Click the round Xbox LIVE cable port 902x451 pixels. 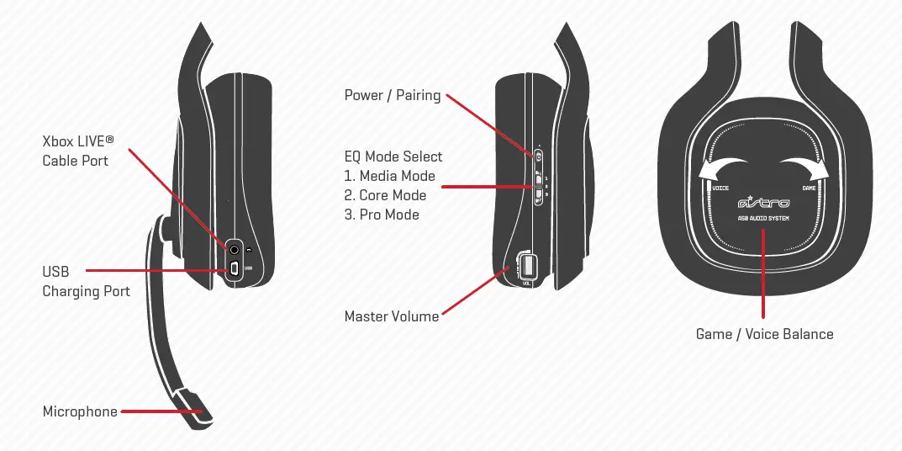(235, 248)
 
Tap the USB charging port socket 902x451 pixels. (235, 268)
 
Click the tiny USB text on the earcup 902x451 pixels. (248, 268)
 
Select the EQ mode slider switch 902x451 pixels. (539, 187)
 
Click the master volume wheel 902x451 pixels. (528, 266)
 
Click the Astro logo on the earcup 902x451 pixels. (762, 203)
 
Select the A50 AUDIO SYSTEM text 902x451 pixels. (762, 219)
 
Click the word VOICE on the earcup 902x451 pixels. (720, 188)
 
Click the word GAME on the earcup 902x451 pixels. (809, 188)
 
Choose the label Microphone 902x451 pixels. (80, 411)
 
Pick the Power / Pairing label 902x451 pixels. (393, 95)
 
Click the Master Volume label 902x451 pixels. (392, 316)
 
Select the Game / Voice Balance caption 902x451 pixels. (764, 334)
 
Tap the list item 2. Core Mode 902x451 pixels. (385, 195)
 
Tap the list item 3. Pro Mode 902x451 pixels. (382, 215)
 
